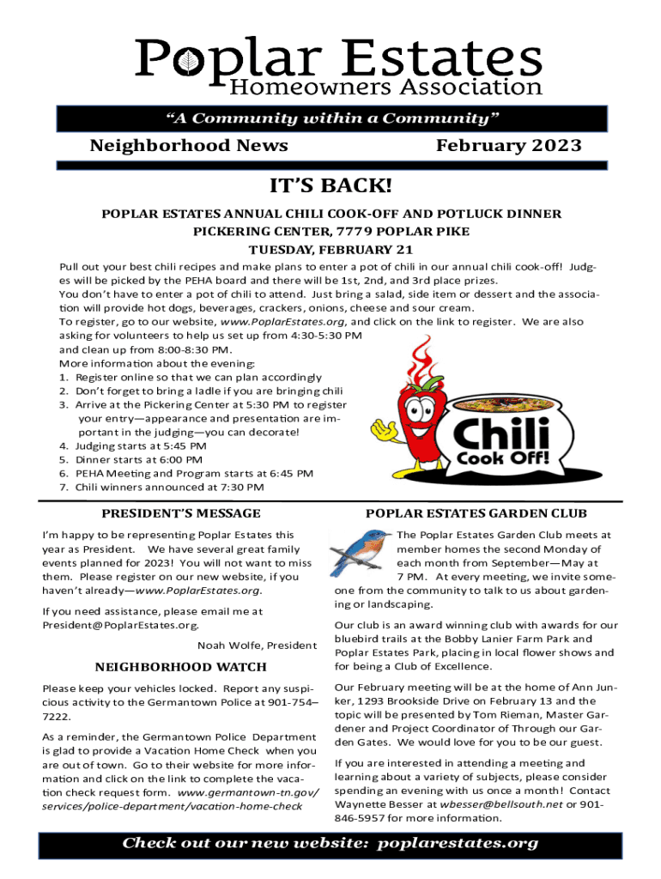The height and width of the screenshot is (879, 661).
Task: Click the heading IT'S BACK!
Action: coord(330,185)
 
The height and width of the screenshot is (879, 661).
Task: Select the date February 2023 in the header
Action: coord(508,146)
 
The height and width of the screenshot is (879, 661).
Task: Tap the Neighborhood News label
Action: coord(189,146)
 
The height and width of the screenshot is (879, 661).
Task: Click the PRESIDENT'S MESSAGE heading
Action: coord(181,513)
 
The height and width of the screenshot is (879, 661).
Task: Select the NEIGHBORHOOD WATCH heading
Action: coord(180,666)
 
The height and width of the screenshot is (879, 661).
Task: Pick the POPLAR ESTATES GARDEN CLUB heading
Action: coord(476,513)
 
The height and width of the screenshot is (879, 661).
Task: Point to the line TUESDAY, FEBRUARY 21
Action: coord(330,251)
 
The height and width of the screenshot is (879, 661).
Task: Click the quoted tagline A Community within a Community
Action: coord(330,118)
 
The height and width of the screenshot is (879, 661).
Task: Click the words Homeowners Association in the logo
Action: coord(385,87)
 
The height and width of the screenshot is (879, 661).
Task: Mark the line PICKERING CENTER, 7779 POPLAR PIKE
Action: coord(330,232)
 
